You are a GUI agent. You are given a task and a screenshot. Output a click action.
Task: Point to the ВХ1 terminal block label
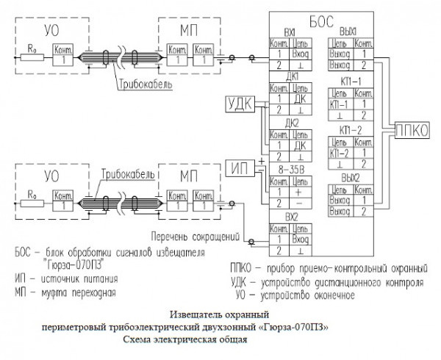pos(289,33)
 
